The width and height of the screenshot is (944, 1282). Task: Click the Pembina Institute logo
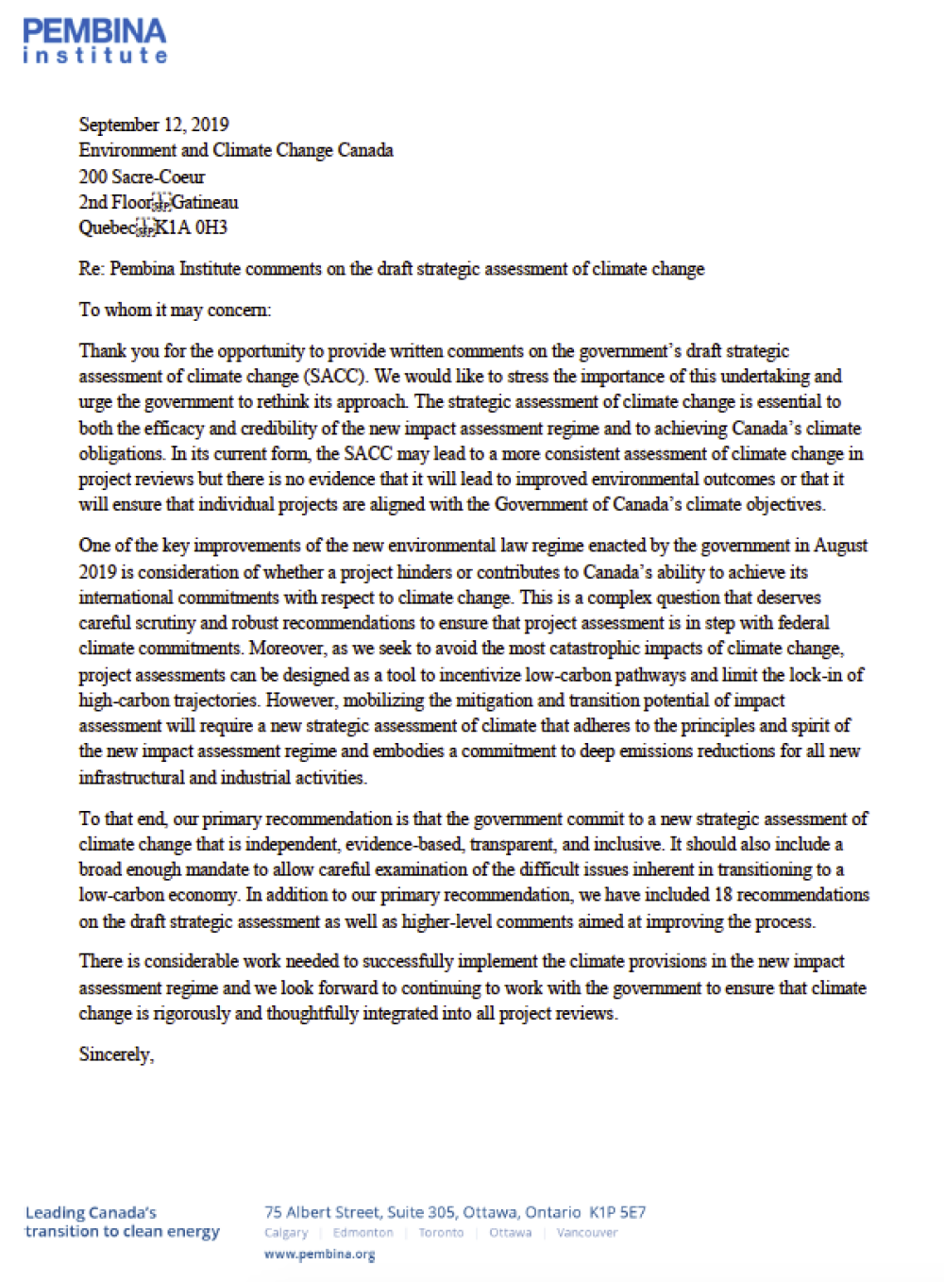(x=94, y=42)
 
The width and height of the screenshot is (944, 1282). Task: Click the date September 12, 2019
(x=154, y=125)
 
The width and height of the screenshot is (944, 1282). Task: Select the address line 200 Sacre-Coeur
(x=142, y=177)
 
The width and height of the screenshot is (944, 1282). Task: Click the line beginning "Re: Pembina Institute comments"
(x=391, y=269)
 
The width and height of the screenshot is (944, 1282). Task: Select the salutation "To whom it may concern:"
(x=175, y=310)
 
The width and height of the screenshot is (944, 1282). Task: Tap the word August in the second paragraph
(x=839, y=546)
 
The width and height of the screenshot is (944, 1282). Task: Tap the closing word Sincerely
(x=115, y=1054)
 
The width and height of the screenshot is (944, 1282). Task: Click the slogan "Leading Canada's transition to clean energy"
(x=122, y=1223)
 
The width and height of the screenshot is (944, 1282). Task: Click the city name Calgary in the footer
(x=286, y=1233)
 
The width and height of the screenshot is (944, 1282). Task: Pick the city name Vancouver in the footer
(x=586, y=1233)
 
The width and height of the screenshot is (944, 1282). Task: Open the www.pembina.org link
(x=319, y=1255)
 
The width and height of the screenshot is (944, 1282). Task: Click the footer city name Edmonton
(x=362, y=1233)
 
